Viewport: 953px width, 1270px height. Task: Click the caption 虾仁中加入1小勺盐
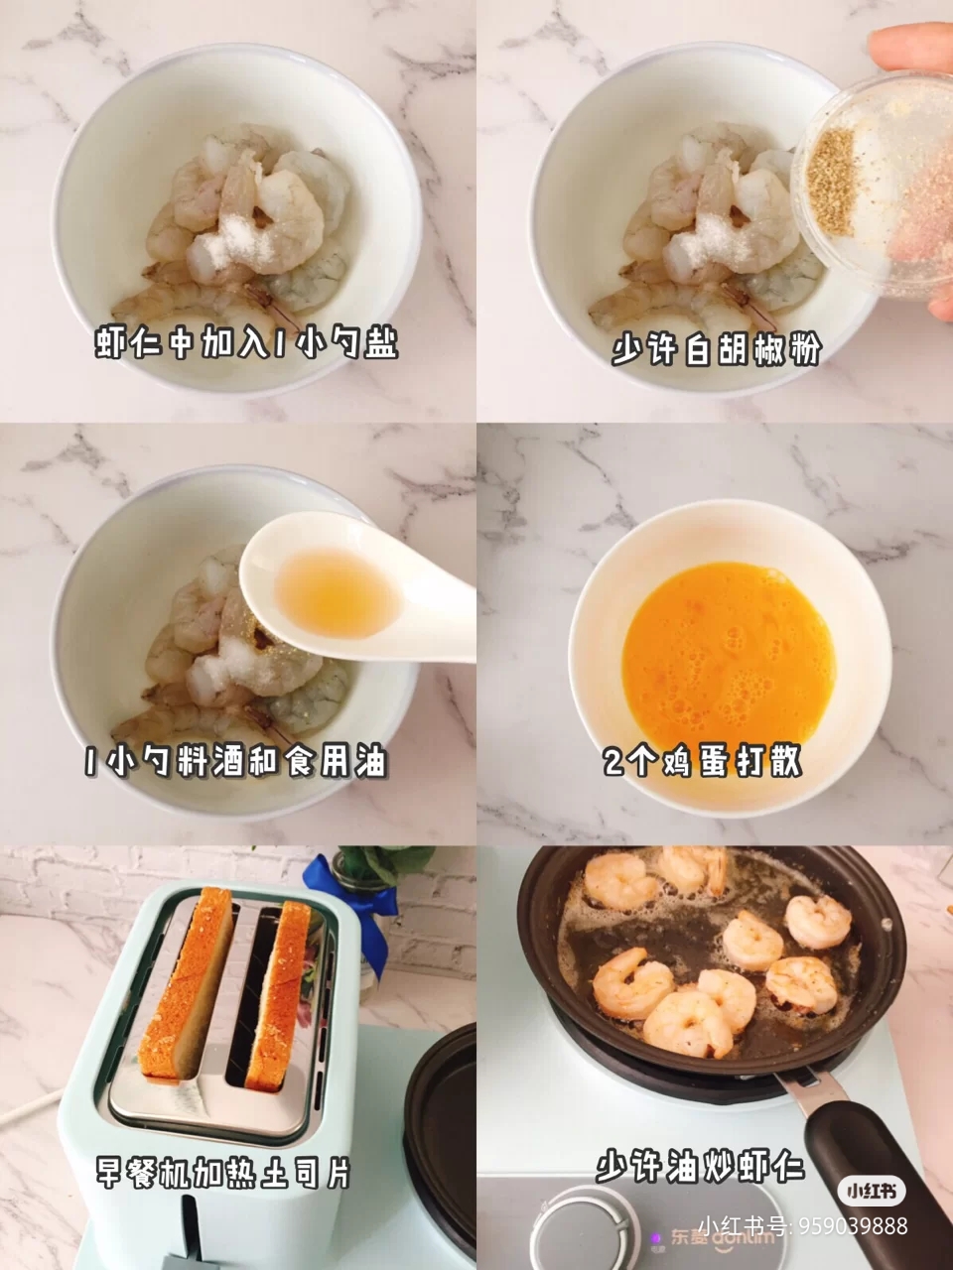[246, 344]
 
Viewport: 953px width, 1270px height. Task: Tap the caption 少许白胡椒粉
[717, 349]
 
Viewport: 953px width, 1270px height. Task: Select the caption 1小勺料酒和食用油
[236, 761]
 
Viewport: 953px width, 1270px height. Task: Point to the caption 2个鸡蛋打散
[703, 760]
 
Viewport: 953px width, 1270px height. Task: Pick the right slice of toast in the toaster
[278, 995]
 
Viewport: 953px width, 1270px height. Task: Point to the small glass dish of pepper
[874, 186]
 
